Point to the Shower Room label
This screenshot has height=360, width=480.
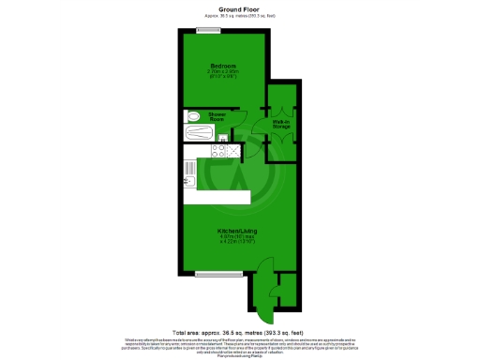[x=216, y=116]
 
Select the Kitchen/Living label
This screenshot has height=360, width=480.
[x=237, y=230]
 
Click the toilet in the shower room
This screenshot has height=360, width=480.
[x=192, y=116]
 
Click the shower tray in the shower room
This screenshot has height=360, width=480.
[x=202, y=133]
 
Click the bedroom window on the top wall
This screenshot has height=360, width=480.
[x=209, y=30]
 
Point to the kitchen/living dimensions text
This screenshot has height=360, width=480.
[x=237, y=239]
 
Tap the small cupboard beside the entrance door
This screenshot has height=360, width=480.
[x=287, y=290]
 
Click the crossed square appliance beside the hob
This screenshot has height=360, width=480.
[x=232, y=149]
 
